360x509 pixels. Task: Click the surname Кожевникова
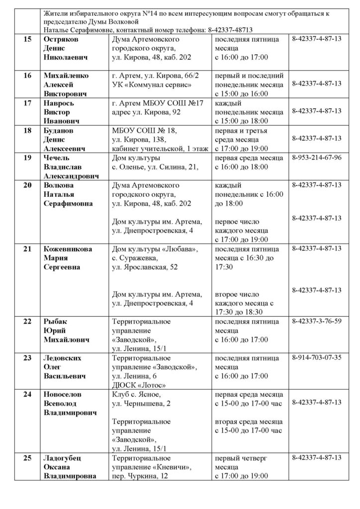pyautogui.click(x=67, y=249)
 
